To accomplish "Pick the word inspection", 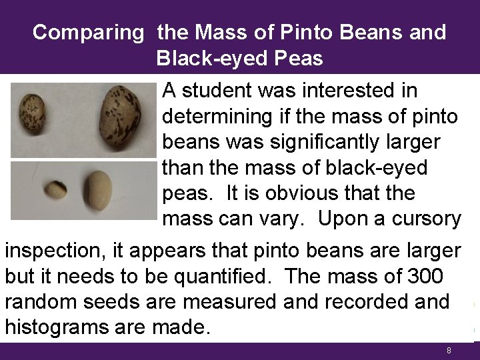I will (63, 251).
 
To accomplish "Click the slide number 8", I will (449, 351).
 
